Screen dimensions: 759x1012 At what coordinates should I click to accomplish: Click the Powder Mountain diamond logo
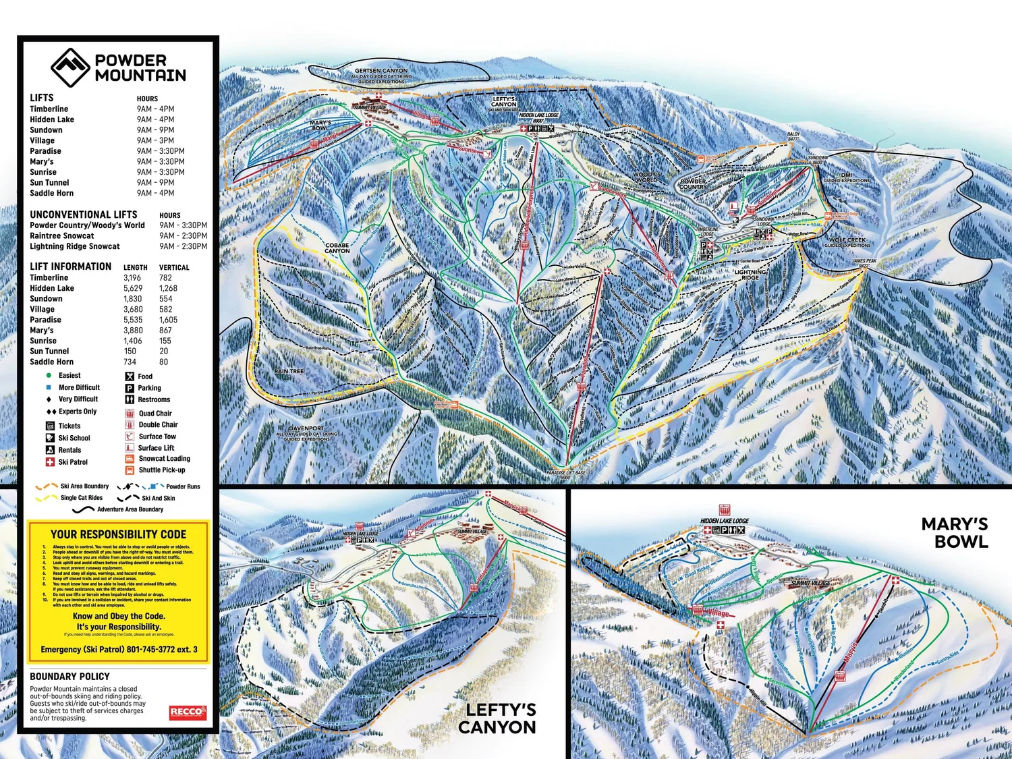tap(70, 67)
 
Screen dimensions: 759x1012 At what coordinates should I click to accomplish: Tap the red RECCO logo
tap(187, 712)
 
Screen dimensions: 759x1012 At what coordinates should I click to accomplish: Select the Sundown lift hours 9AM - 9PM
tap(155, 130)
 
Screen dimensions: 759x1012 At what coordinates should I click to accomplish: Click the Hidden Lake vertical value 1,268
tap(168, 288)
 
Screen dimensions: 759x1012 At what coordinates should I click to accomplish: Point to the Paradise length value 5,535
tap(133, 320)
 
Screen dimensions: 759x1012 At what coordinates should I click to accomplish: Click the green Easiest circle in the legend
tap(49, 376)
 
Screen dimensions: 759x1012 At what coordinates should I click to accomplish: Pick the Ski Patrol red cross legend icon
tap(50, 462)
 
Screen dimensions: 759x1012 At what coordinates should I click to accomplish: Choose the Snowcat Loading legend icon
tap(130, 459)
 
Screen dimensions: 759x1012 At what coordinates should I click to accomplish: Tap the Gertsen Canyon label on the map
tap(381, 71)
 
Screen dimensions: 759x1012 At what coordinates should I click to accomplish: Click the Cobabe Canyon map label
tap(337, 248)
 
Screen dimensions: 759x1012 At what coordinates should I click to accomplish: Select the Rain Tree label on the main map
tap(289, 372)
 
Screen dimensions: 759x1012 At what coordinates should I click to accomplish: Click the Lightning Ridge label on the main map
tap(750, 275)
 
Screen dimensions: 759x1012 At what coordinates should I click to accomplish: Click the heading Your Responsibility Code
tap(118, 534)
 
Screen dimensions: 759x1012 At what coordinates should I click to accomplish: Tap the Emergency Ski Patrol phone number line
tap(119, 650)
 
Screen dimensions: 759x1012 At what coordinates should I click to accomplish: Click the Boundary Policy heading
tap(69, 677)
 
